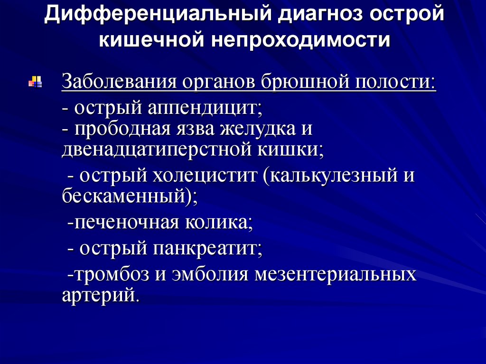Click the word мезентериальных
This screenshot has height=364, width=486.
[x=335, y=275]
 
